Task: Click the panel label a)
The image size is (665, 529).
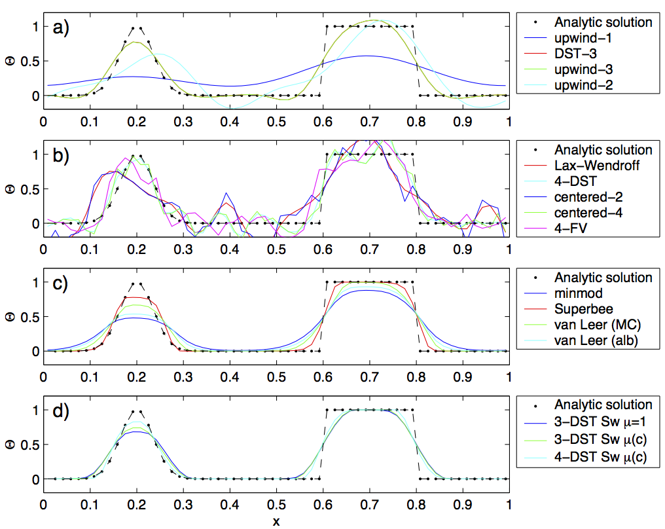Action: [x=61, y=27]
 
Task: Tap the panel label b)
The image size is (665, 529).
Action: [x=61, y=156]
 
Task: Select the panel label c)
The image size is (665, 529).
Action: [x=60, y=283]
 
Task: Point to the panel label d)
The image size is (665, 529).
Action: [x=61, y=411]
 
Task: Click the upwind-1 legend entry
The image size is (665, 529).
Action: [x=568, y=38]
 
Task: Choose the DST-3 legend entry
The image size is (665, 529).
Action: [x=561, y=54]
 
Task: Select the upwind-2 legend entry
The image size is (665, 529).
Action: [x=569, y=85]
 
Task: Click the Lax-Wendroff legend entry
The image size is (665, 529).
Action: [x=582, y=166]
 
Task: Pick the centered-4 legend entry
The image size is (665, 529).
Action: [x=573, y=213]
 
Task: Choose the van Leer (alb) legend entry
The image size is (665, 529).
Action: [x=581, y=340]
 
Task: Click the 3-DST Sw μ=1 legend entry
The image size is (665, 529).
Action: [x=585, y=422]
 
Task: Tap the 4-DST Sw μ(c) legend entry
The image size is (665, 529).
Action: [x=586, y=457]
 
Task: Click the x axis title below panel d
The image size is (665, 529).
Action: [x=276, y=521]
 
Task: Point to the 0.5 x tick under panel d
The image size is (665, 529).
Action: [x=276, y=505]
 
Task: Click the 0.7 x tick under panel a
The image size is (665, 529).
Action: [x=369, y=122]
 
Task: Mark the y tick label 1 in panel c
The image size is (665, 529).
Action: [x=35, y=282]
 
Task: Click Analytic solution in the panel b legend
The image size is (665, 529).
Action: [x=603, y=150]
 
